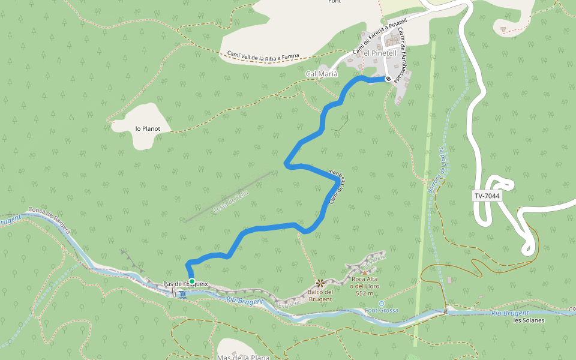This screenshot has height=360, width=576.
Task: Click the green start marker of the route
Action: [x=191, y=281]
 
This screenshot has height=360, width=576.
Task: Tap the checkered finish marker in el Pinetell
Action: [x=388, y=79]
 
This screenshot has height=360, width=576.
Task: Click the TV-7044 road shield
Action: [x=487, y=196]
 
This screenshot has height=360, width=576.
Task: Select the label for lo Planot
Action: [x=148, y=128]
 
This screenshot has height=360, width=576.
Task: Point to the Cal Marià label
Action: [x=322, y=74]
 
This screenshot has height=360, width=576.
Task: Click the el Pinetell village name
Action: [x=380, y=53]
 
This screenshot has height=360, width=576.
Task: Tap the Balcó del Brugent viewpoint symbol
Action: [x=320, y=282]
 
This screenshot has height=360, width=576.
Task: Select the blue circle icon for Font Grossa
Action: [x=381, y=304]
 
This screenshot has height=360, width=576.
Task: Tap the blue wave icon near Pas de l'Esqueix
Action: [x=182, y=292]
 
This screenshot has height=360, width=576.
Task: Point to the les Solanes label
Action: [x=529, y=320]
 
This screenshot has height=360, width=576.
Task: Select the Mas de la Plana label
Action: [x=242, y=357]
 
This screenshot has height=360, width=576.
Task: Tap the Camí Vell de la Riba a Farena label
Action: [x=271, y=55]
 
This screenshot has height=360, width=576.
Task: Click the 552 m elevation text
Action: [x=365, y=293]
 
